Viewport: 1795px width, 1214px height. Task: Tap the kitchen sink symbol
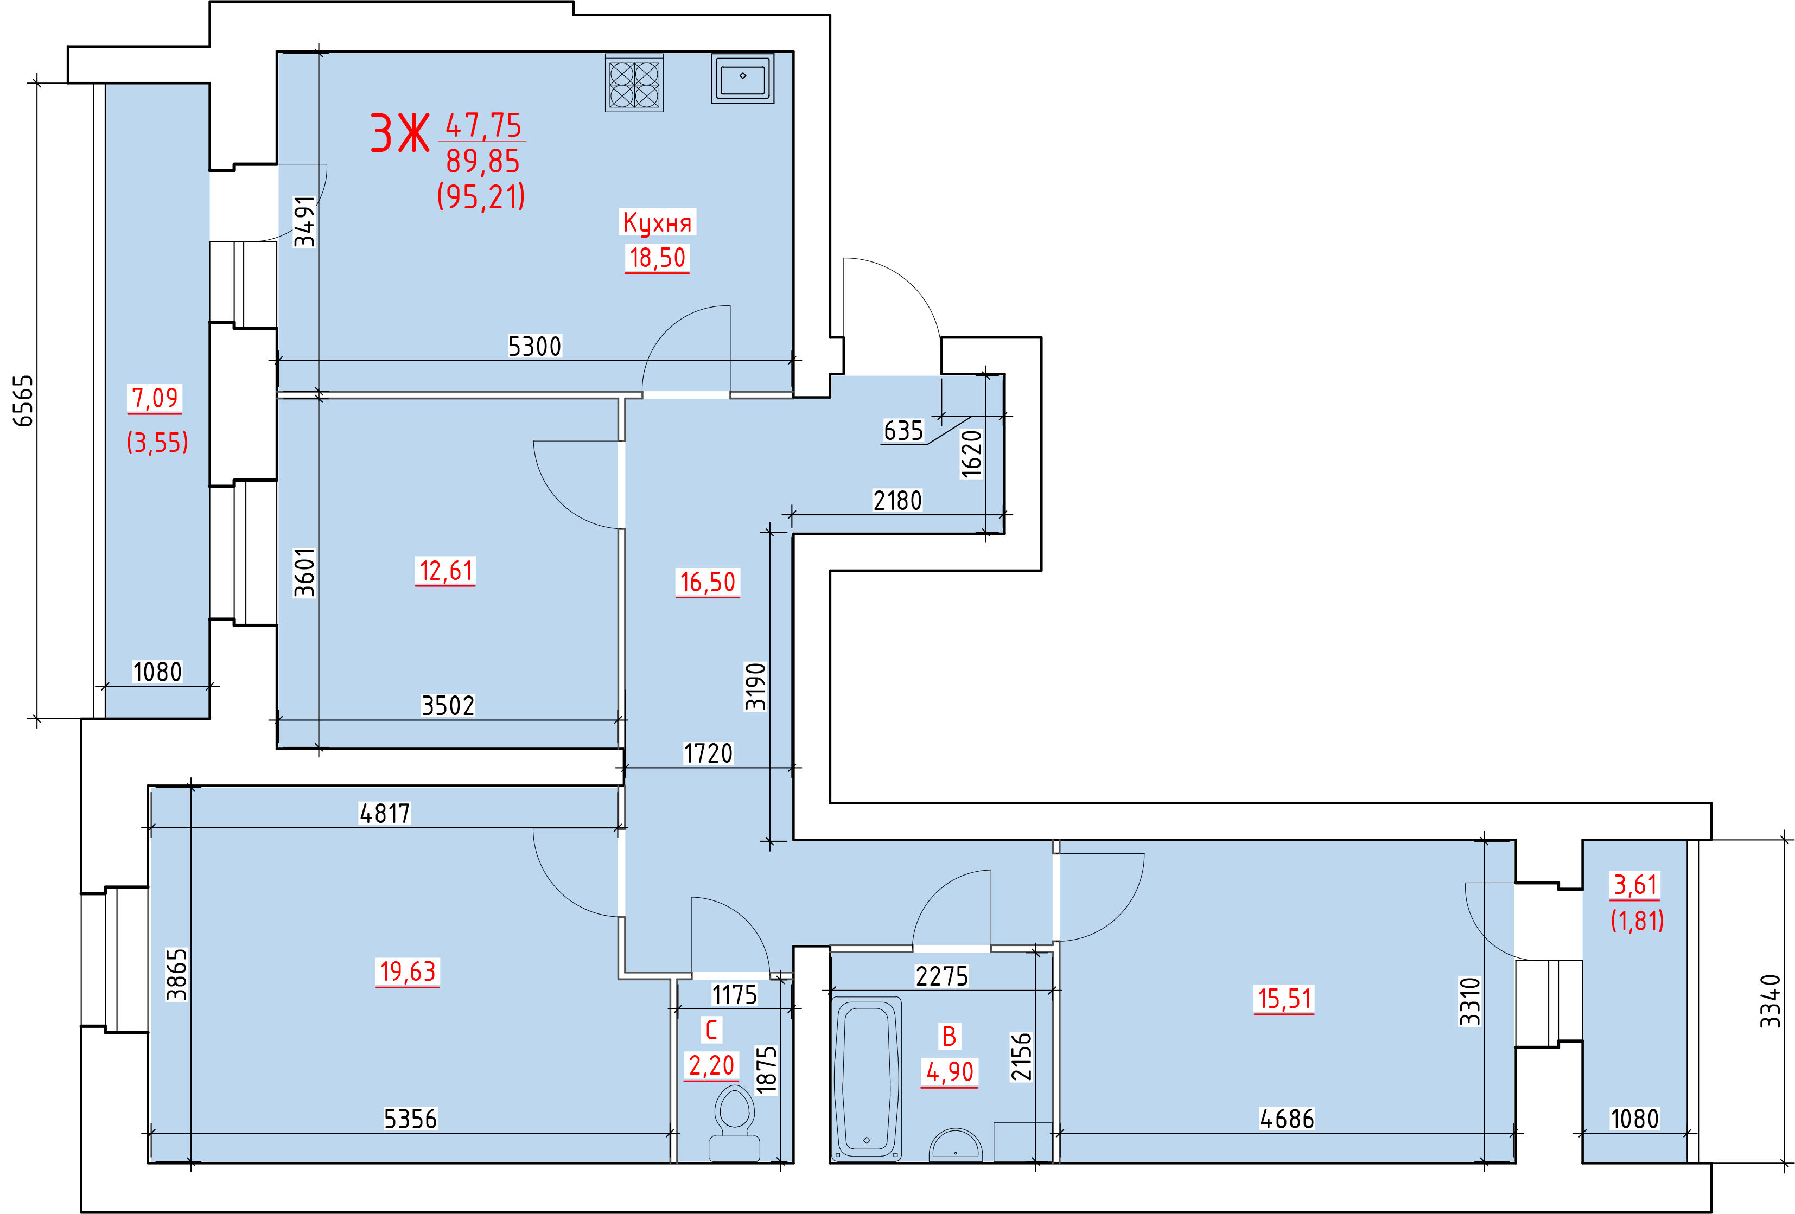(x=742, y=78)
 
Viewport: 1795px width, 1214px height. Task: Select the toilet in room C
(x=735, y=1123)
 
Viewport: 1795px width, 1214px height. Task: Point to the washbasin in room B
(x=956, y=1145)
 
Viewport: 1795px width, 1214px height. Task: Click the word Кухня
(x=657, y=222)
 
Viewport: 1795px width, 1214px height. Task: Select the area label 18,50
(x=657, y=258)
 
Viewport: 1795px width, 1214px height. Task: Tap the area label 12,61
(x=445, y=571)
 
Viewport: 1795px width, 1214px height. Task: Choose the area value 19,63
(x=408, y=971)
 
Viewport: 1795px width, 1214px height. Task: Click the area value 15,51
(x=1284, y=999)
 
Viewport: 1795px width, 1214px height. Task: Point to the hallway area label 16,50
(x=708, y=582)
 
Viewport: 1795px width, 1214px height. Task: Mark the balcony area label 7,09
(x=155, y=398)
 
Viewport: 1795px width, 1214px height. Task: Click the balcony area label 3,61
(x=1636, y=884)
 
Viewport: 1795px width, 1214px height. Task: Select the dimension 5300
(x=534, y=346)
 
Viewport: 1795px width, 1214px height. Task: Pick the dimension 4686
(x=1287, y=1118)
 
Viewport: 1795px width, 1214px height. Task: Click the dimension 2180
(x=897, y=501)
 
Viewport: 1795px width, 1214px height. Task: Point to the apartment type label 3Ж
(x=399, y=133)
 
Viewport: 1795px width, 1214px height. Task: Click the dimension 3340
(x=1770, y=1001)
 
